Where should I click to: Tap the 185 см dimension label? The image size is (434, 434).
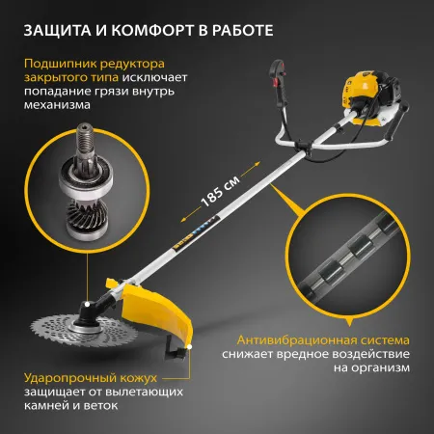(x=220, y=192)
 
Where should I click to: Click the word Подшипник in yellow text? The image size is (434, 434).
(x=60, y=64)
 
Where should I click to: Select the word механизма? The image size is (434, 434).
(x=57, y=105)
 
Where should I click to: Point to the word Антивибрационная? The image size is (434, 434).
(x=295, y=339)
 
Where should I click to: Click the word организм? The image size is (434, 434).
(x=371, y=367)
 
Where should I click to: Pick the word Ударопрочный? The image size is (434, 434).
(x=70, y=378)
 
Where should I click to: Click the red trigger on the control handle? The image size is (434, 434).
(x=275, y=82)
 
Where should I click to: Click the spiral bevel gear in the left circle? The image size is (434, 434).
(x=87, y=213)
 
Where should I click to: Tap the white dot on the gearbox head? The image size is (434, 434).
(x=87, y=304)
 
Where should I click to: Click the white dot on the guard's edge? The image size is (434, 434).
(x=190, y=347)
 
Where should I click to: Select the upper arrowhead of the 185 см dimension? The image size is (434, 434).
(x=257, y=165)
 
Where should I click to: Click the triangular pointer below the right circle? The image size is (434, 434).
(x=349, y=323)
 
